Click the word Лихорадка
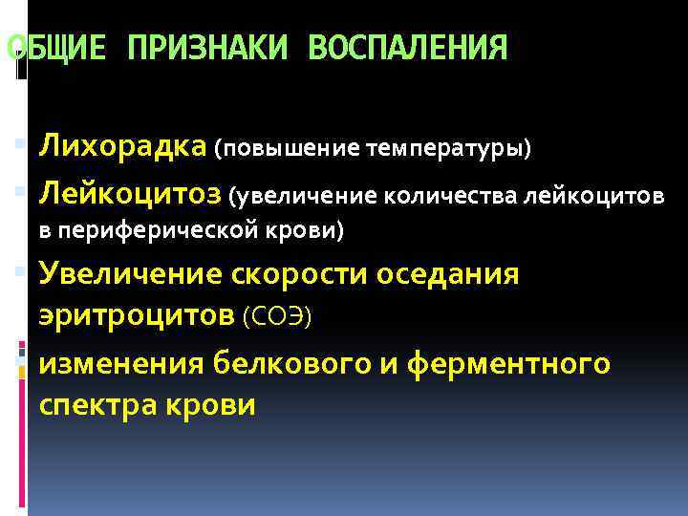coord(122,147)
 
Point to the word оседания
coord(448,275)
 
